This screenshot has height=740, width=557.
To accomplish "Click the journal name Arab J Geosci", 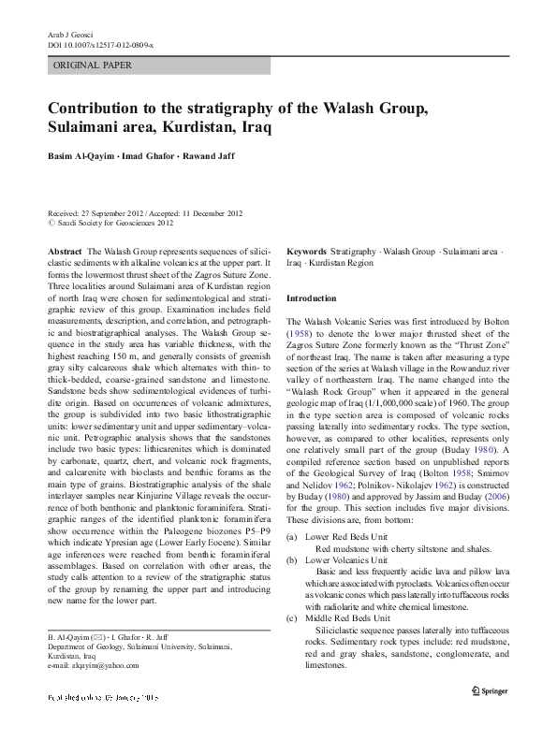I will coord(70,34).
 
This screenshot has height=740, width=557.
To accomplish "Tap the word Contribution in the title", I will coord(100,108).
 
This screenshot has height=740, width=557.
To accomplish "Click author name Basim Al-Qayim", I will coord(81,155).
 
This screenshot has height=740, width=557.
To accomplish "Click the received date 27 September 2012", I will coord(125,213).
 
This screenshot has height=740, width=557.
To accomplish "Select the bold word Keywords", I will coord(307,253).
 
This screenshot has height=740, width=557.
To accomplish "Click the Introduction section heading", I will coord(311,297).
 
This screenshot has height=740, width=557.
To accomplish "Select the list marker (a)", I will coord(292,536).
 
